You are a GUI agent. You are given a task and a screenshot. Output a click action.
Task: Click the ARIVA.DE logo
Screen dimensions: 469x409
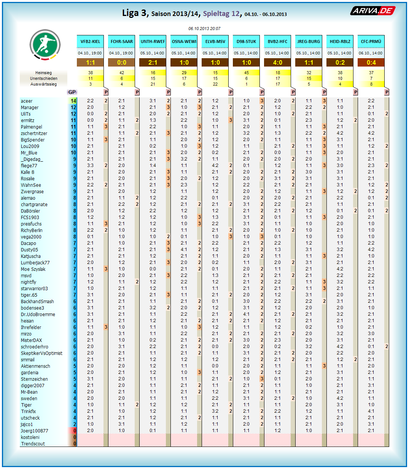pos(373,11)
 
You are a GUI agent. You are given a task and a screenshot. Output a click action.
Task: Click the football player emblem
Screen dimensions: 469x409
pos(45,45)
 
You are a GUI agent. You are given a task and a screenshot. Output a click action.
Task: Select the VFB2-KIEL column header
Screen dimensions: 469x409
pos(91,41)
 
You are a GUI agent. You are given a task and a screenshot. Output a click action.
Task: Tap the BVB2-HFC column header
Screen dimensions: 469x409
pos(278,41)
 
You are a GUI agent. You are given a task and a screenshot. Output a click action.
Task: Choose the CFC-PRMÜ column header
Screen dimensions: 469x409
pos(371,41)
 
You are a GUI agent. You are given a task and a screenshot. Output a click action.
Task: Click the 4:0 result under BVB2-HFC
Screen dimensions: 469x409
pos(278,62)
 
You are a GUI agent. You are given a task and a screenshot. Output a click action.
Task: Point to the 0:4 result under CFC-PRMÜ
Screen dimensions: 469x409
pos(371,62)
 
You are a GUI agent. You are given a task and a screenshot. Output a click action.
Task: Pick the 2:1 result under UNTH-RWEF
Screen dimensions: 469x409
pos(153,62)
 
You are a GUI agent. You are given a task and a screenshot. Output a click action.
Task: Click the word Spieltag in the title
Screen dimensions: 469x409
pos(216,14)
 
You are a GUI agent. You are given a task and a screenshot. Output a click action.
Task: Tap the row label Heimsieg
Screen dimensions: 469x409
pos(43,73)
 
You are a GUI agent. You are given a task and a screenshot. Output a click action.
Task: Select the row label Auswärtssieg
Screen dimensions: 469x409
pos(43,84)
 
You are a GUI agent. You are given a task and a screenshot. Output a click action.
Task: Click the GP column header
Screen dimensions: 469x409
pos(72,92)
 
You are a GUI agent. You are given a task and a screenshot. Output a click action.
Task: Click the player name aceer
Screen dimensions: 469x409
pos(27,101)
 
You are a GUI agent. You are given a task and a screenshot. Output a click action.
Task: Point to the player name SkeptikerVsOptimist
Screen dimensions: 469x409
pos(41,353)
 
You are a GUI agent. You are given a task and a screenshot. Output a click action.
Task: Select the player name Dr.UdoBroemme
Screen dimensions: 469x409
pos(38,315)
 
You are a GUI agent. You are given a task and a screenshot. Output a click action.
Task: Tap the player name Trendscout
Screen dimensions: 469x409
pos(33,444)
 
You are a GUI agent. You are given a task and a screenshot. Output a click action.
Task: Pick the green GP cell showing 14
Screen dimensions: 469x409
pos(73,101)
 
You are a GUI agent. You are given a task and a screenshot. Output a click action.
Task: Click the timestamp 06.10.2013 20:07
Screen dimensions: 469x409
pos(204,29)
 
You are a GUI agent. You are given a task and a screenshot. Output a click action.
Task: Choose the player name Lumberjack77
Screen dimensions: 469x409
pos(35,263)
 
